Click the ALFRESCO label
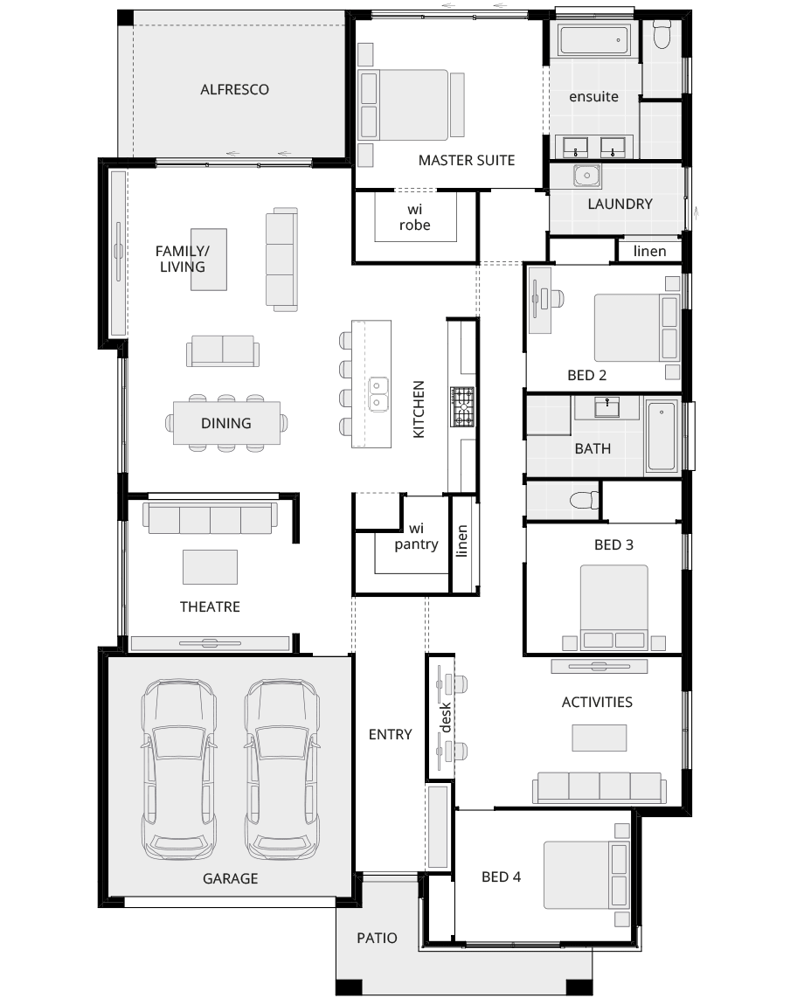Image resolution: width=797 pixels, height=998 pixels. point(234,89)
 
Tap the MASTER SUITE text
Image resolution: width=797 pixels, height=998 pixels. point(466,160)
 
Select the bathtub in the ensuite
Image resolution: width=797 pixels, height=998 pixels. point(594,40)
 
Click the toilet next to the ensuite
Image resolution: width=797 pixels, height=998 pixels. point(661,34)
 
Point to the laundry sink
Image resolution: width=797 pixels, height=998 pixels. point(586,176)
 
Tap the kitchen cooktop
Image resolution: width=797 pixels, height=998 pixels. point(462,407)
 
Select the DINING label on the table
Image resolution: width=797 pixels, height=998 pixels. point(226,423)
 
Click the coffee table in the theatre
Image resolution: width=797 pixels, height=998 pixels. point(210,566)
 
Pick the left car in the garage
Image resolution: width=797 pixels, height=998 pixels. point(179,769)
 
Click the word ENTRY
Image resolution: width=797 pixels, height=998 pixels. point(390,734)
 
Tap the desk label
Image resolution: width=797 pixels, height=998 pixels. point(444,717)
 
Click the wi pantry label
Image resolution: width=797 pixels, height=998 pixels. point(415,537)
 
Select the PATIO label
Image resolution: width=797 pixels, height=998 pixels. point(377,938)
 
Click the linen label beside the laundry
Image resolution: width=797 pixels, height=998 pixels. point(649,251)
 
